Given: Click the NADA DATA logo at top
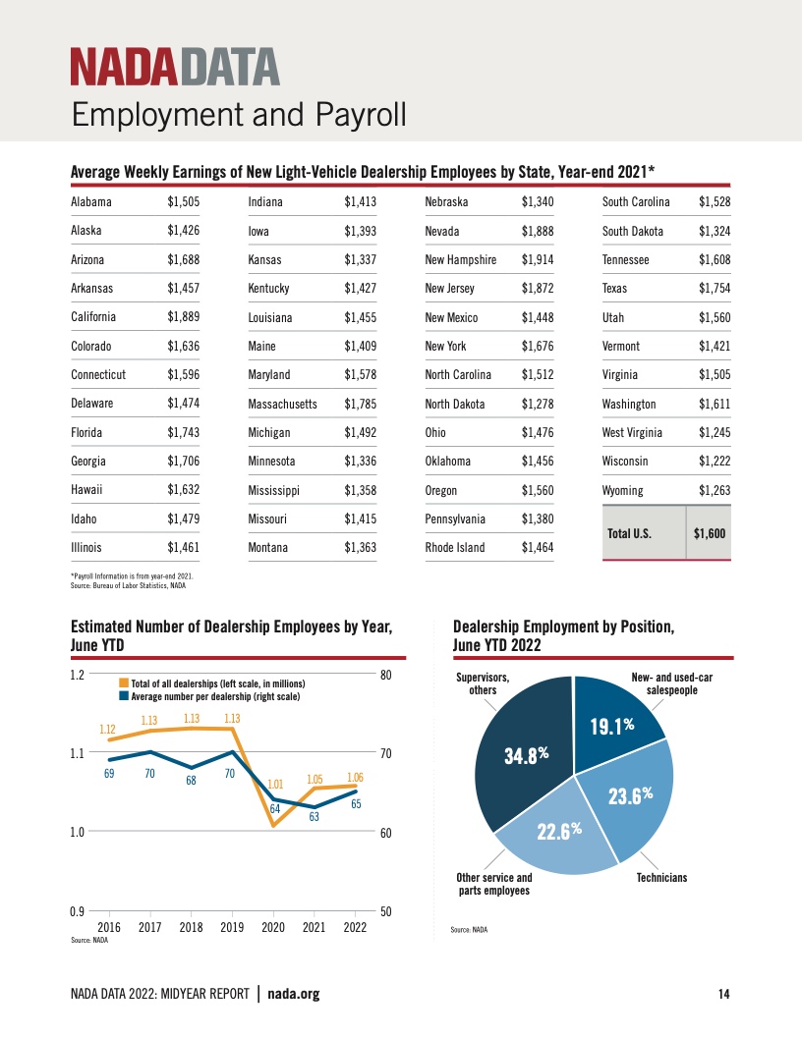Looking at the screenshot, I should [x=175, y=68].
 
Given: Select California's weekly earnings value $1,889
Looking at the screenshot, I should [x=184, y=317].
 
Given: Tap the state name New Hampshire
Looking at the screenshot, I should [x=460, y=260].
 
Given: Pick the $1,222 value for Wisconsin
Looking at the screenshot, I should [x=715, y=462].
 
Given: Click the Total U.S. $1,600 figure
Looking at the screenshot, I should [x=709, y=533].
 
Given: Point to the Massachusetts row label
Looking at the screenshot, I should [x=282, y=404].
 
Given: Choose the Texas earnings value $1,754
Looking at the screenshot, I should [x=715, y=289].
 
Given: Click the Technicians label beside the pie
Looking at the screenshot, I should [x=661, y=877].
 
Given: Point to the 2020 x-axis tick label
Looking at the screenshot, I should [x=273, y=926].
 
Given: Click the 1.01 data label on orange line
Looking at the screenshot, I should [x=275, y=785].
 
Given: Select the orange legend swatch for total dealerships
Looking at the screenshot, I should [x=124, y=682].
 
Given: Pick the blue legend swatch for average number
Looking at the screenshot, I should [x=124, y=695].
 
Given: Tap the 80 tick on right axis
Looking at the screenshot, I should [x=386, y=675].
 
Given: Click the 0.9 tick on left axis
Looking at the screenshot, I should [x=77, y=910].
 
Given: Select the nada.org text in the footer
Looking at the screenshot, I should [x=294, y=995].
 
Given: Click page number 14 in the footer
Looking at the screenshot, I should [x=723, y=995].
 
